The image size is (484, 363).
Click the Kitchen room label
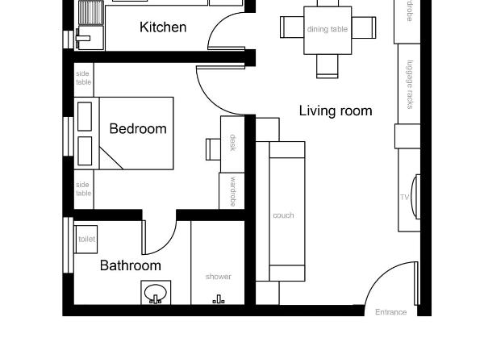163,27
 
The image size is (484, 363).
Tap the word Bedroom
138,128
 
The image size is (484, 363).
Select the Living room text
336,111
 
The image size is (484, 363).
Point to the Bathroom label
130,265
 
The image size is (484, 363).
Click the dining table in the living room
328,30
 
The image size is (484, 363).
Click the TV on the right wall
415,196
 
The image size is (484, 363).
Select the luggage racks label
409,84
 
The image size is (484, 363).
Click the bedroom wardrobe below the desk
232,190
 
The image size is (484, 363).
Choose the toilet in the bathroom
85,240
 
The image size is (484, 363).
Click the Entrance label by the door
390,312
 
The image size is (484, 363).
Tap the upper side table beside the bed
84,78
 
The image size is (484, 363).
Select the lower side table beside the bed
84,189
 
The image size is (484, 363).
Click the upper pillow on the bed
86,115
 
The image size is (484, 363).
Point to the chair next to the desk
213,149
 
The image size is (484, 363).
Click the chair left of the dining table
290,27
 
